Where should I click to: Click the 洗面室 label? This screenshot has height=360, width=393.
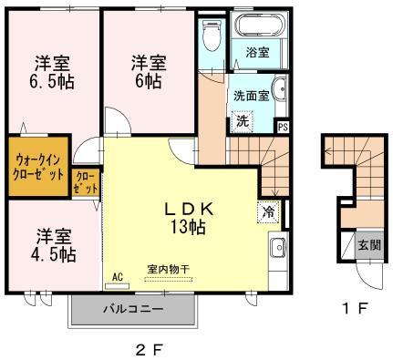point(250,93)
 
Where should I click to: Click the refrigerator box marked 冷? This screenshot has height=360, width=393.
point(268,210)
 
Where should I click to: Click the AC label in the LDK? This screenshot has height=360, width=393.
point(118,275)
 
